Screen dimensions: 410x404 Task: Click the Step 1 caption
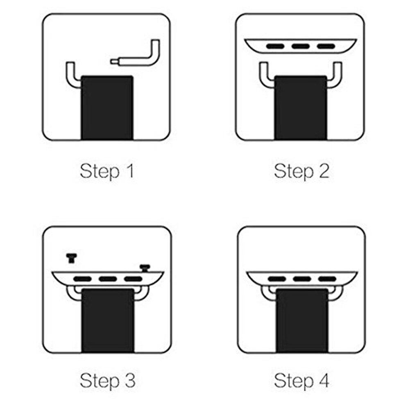point(107,172)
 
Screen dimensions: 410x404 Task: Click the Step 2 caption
point(301,172)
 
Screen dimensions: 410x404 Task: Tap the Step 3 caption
point(107,381)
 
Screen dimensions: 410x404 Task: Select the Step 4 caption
point(301,381)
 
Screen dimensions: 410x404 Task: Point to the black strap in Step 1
point(107,108)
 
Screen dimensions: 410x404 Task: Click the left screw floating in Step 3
point(71,258)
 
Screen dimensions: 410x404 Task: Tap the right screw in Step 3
point(145,268)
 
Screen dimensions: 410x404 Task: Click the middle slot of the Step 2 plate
point(301,47)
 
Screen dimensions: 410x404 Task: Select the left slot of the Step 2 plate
point(275,47)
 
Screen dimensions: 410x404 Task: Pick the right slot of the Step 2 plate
point(326,47)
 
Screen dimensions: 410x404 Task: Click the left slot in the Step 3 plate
point(82,279)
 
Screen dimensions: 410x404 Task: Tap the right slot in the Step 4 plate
point(327,279)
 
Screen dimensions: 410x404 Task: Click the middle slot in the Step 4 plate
point(302,279)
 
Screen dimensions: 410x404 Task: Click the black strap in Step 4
point(302,321)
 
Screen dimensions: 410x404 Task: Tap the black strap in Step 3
point(108,321)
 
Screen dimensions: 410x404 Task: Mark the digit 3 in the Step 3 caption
point(130,381)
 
